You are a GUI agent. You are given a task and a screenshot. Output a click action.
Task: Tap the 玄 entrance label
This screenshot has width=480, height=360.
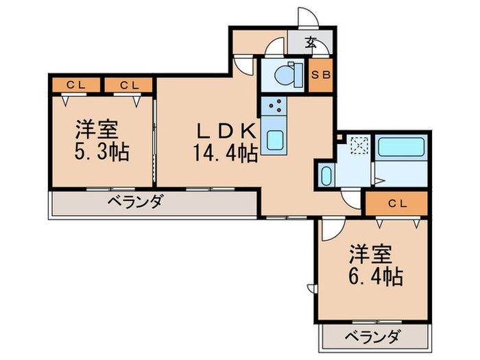tap(311, 43)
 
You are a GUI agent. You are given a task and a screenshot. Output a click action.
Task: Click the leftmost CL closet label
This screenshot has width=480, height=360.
tap(75, 85)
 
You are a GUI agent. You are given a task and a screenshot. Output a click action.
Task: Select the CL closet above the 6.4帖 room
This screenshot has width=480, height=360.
tap(396, 203)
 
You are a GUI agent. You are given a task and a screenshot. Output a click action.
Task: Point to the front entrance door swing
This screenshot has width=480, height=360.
tap(305, 17)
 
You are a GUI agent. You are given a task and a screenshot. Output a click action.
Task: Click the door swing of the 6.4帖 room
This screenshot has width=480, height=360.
tap(331, 230)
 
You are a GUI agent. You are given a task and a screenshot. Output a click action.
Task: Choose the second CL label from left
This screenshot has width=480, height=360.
tap(130, 85)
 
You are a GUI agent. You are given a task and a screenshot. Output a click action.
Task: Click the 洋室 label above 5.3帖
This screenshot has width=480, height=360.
tap(96, 129)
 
